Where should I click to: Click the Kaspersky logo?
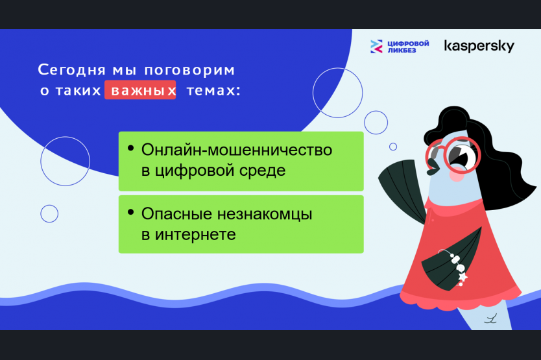(479, 46)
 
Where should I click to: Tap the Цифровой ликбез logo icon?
(376, 46)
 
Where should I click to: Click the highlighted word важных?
(140, 90)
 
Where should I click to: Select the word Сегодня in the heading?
(71, 69)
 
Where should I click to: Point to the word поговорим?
(189, 71)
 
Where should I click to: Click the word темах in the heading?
(210, 90)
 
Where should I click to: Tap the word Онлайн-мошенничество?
(237, 150)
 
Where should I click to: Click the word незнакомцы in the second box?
(265, 214)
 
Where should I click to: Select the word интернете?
(195, 235)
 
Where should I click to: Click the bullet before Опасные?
(130, 212)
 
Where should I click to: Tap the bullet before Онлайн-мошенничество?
(130, 148)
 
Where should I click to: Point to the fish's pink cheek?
(457, 174)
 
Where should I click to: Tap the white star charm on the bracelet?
(463, 277)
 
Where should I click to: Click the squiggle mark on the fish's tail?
(490, 318)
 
